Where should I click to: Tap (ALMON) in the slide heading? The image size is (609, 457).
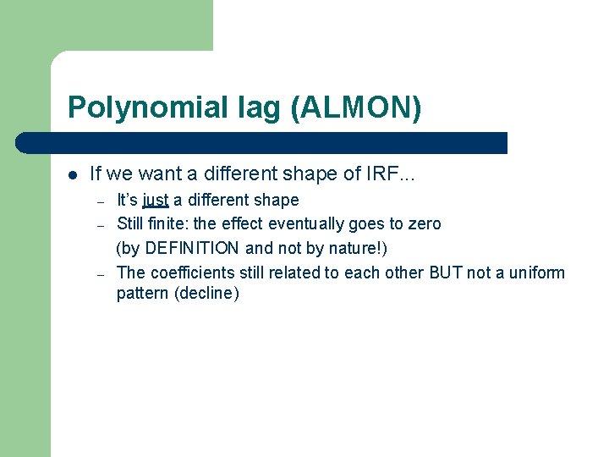point(358,107)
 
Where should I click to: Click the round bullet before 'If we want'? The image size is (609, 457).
point(74,175)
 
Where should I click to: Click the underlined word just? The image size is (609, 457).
point(156,201)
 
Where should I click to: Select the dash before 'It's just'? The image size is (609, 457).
point(100,201)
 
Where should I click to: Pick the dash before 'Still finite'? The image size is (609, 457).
point(100,225)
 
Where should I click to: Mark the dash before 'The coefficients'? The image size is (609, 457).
point(100,273)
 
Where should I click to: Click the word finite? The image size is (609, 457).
point(169,224)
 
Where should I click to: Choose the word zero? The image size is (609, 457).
point(424,224)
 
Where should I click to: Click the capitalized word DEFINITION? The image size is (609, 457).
point(193,249)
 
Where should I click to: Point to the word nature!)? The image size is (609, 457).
point(357,249)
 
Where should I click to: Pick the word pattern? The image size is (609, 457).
point(142,295)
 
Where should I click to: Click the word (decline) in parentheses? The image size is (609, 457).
point(206,295)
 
